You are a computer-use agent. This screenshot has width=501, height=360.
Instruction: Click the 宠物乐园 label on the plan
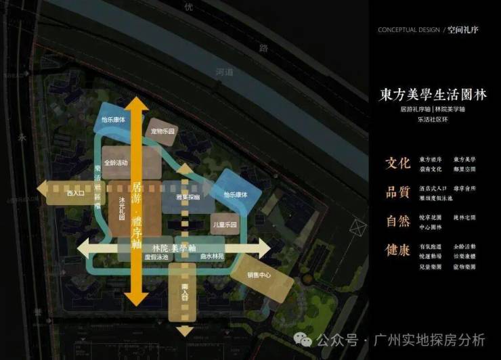tap(163, 131)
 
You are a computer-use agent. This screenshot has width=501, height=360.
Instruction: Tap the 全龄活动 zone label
tap(116, 163)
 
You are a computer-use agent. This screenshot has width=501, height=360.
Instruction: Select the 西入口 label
tap(74, 194)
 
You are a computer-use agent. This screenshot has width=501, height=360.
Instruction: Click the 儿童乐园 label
tap(224, 224)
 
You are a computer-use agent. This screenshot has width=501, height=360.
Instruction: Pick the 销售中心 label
tap(260, 275)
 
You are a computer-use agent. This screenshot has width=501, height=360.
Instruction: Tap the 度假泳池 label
tap(156, 257)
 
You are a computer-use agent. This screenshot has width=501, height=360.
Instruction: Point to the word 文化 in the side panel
tap(397, 163)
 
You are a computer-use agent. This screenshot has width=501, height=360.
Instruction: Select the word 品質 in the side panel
tap(397, 192)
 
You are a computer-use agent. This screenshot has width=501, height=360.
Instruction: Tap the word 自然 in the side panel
tap(397, 221)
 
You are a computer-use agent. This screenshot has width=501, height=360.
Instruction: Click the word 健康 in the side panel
tap(397, 250)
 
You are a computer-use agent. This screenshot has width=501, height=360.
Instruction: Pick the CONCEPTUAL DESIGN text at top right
tap(409, 30)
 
